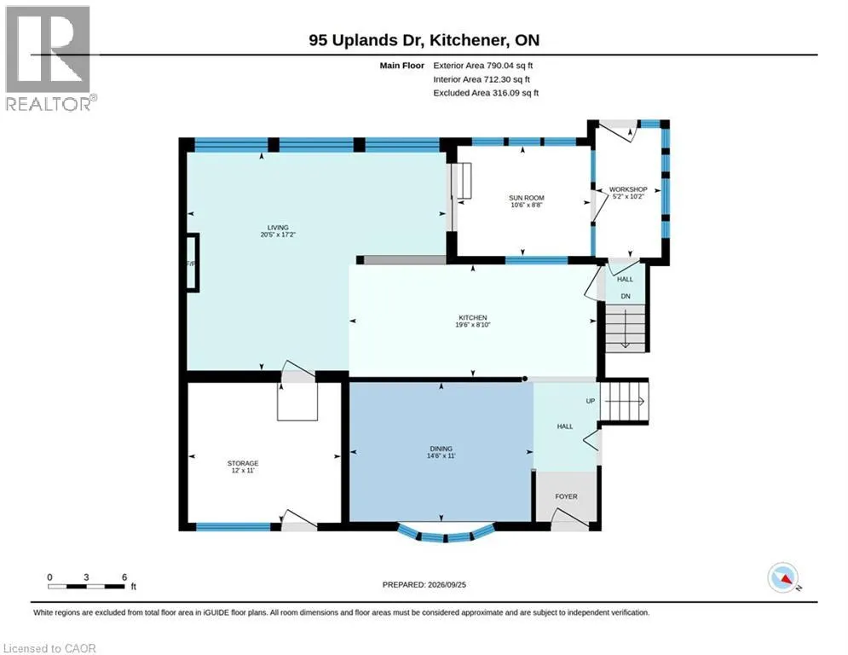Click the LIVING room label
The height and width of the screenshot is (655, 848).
tap(278, 228)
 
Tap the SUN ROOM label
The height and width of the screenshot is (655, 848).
tap(526, 198)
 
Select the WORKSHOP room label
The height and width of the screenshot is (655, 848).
tap(628, 189)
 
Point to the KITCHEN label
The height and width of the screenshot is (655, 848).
tap(473, 318)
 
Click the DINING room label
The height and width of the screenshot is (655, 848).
tap(441, 449)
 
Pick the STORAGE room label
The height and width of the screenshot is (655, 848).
tap(243, 463)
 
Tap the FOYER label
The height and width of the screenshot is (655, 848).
tap(566, 496)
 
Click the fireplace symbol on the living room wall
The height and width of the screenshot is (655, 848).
tap(193, 263)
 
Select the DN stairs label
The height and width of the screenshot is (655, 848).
tap(626, 296)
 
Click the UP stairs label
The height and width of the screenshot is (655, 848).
tap(590, 401)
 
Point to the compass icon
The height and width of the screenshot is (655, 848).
tap(783, 577)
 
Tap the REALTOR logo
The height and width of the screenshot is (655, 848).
tap(49, 59)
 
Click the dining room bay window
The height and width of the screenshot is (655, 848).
tap(446, 534)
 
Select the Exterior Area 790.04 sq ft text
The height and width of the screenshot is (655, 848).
tap(483, 66)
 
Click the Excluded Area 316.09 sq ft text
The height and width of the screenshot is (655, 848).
tap(486, 93)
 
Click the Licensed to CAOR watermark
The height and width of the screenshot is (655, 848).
tap(49, 648)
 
